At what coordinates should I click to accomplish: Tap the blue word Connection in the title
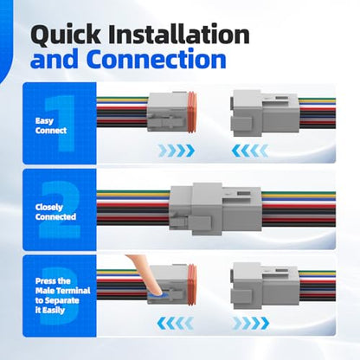click(x=157, y=59)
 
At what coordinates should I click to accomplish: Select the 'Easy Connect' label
click(x=51, y=125)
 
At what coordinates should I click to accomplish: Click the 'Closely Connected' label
click(x=55, y=212)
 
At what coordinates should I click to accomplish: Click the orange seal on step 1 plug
click(x=192, y=112)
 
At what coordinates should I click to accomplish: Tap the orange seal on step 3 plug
click(x=192, y=285)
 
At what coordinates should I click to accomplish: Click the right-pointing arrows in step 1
click(x=177, y=151)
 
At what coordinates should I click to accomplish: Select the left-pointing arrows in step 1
click(x=250, y=151)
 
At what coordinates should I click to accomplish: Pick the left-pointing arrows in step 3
click(x=175, y=323)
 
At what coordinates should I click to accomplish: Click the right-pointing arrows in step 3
click(x=251, y=323)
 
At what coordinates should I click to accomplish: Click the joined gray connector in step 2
click(x=215, y=207)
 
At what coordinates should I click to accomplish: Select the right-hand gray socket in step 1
click(x=265, y=113)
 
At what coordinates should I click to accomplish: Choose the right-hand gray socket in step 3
click(x=265, y=286)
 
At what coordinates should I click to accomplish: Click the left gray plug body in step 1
click(x=168, y=112)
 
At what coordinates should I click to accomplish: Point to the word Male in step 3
click(x=45, y=291)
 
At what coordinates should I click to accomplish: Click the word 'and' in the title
click(x=55, y=59)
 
